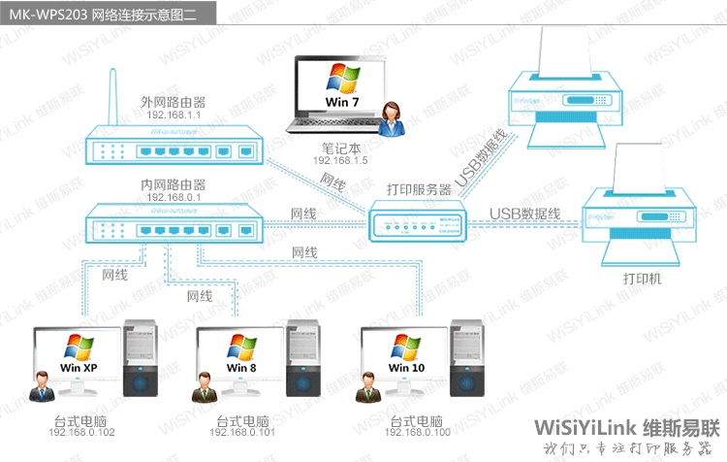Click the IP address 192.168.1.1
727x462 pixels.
[174, 115]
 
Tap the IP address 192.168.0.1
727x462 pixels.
[174, 197]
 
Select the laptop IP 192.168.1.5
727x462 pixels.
[340, 160]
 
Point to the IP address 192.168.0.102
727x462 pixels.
[81, 432]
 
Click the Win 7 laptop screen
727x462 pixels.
[340, 88]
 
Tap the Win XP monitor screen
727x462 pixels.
[79, 355]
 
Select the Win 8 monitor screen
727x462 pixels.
[241, 355]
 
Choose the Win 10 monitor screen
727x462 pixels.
[406, 355]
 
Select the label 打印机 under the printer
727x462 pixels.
[642, 279]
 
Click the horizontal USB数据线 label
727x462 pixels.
[524, 214]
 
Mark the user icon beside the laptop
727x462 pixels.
[395, 121]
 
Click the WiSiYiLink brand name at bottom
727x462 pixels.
[593, 428]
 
